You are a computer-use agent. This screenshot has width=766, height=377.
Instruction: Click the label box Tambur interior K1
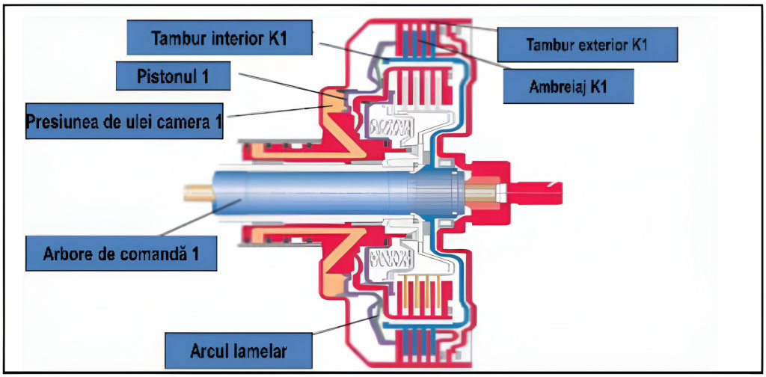pyautogui.click(x=219, y=37)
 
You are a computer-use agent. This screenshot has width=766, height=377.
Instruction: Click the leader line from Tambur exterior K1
pyautogui.click(x=479, y=28)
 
